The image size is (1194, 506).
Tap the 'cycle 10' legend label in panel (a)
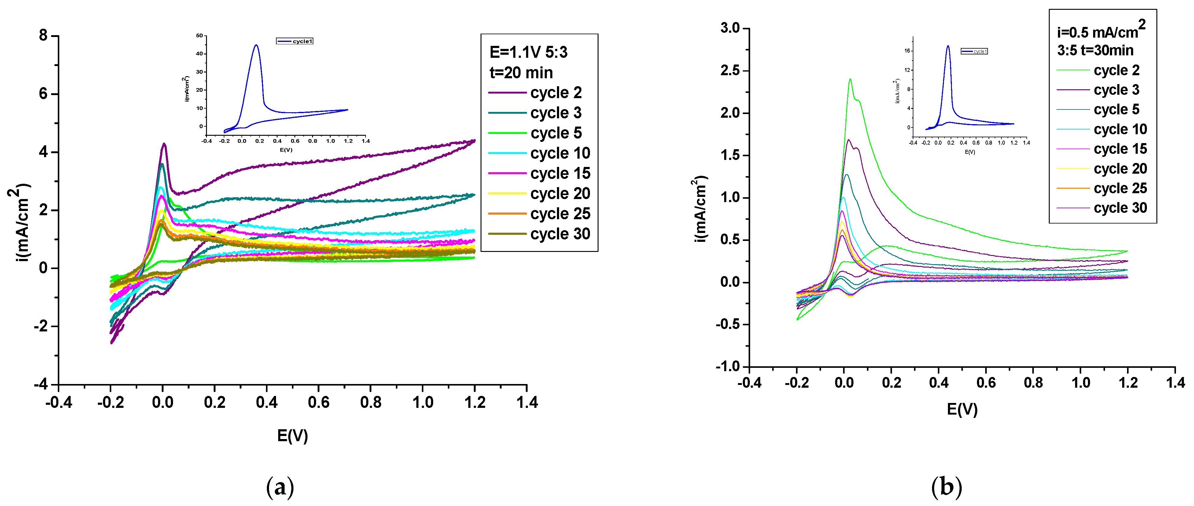[560, 153]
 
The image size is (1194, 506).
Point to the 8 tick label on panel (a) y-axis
[43, 36]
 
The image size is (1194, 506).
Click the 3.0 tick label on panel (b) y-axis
[730, 28]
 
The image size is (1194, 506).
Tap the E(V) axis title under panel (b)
[962, 409]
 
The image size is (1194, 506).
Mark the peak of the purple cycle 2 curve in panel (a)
[164, 144]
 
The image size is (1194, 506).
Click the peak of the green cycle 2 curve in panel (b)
[850, 79]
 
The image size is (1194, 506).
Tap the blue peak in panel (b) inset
[948, 46]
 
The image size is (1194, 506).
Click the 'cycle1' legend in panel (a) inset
[295, 41]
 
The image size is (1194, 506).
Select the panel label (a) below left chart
[280, 487]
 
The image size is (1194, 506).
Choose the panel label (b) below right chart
[946, 487]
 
